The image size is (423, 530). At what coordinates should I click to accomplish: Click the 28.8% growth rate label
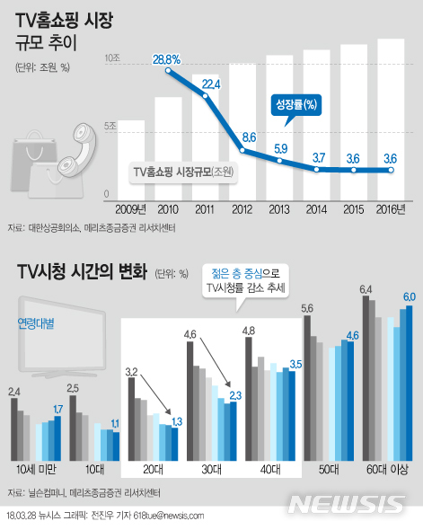(x=167, y=60)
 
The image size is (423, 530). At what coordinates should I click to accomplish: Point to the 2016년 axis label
(x=390, y=208)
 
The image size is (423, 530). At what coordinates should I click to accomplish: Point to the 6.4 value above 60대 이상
(x=366, y=288)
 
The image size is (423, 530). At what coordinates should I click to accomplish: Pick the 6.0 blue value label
(x=408, y=296)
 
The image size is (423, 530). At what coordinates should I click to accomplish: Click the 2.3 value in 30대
(x=235, y=394)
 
